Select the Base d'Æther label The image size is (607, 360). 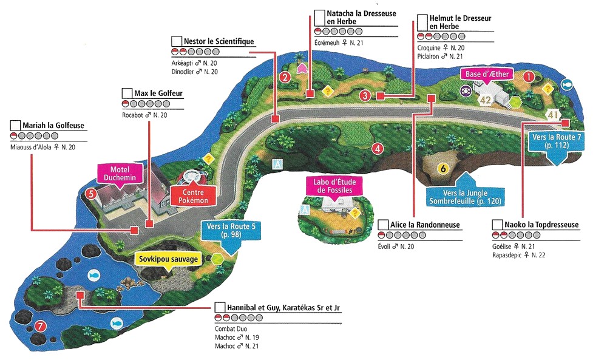tap(487, 74)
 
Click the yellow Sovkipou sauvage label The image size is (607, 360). tap(169, 259)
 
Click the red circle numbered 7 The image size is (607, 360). tap(41, 325)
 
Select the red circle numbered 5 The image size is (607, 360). tap(90, 194)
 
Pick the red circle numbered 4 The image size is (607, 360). tap(378, 148)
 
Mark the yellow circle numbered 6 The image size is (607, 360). tap(443, 169)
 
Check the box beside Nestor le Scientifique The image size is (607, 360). tap(177, 41)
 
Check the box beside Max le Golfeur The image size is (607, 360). tap(127, 93)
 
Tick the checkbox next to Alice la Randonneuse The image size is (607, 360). tap(383, 225)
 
